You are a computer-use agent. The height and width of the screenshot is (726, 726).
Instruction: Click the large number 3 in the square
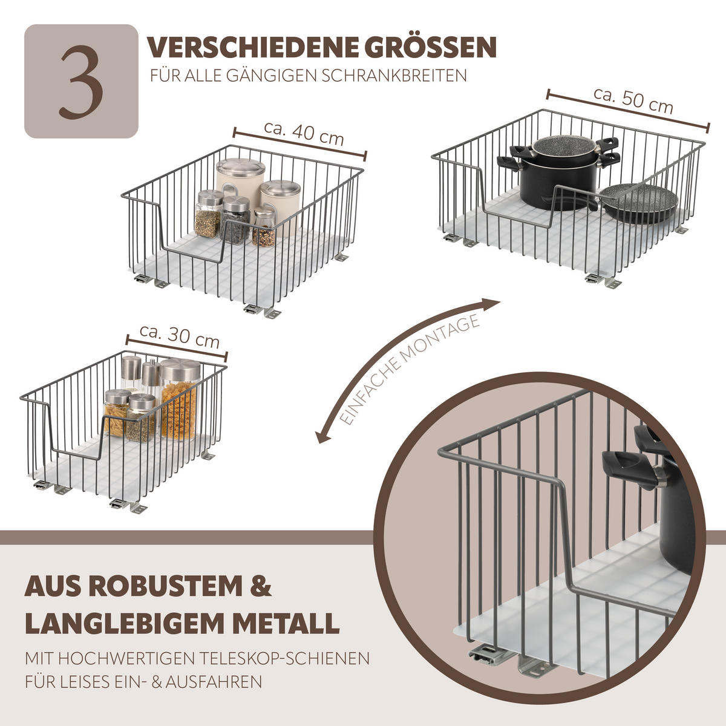click(81, 82)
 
